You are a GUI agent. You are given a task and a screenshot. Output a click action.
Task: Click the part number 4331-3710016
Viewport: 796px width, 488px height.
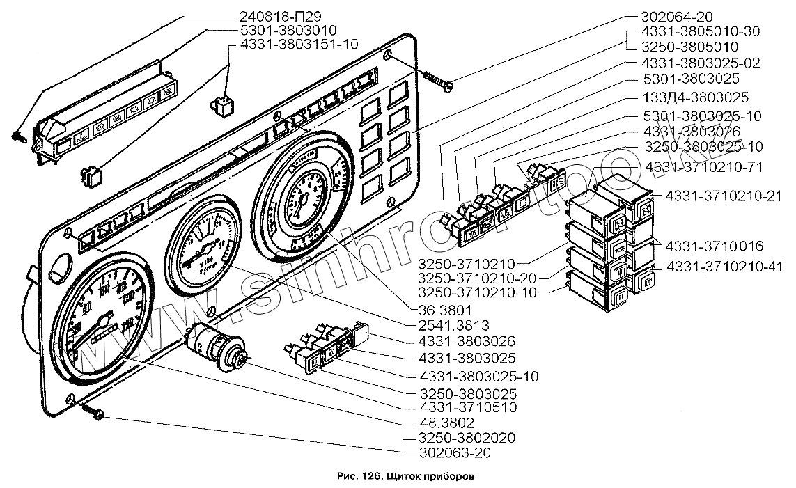pyautogui.click(x=714, y=246)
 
